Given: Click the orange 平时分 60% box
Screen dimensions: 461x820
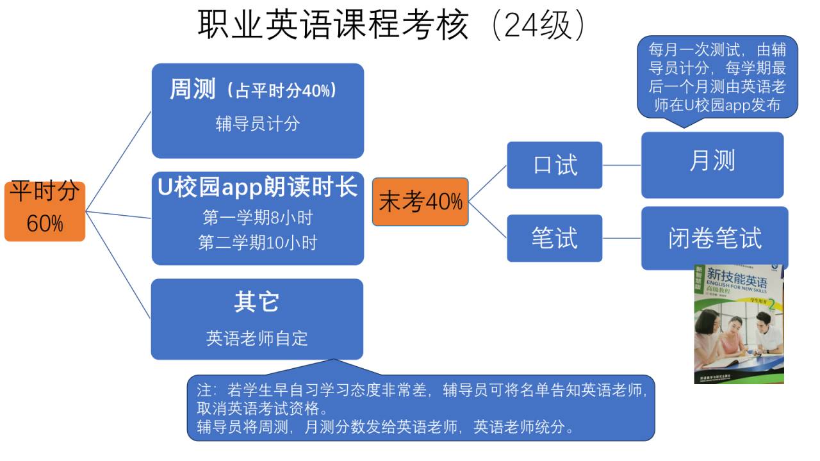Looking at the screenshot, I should tap(45, 209).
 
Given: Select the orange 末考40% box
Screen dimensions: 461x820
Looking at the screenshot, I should tap(420, 202).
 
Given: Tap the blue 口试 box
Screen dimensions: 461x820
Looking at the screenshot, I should tap(555, 165).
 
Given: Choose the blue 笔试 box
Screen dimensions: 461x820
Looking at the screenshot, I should tap(555, 238).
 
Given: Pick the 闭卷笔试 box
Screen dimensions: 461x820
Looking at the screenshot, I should tap(715, 238).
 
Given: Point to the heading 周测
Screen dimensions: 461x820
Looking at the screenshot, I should tap(193, 90).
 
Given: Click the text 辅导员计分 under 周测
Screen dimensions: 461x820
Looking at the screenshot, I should tap(258, 124).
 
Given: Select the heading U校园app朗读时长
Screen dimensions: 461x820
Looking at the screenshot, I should tap(258, 188).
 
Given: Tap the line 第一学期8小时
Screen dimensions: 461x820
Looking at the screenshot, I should tap(258, 218).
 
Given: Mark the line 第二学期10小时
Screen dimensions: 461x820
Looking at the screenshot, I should tap(258, 243).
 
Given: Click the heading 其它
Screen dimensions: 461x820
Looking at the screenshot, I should tap(257, 302).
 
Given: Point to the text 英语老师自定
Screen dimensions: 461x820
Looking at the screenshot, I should tap(257, 338).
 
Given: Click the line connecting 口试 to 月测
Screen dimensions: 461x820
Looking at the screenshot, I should tap(621, 165).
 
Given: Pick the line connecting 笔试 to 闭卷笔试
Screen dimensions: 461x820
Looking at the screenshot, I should tap(621, 238).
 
